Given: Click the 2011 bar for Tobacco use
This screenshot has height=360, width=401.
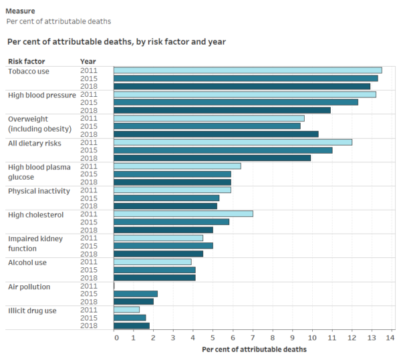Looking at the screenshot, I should [247, 70].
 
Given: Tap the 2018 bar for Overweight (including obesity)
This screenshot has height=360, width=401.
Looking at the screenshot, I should [216, 134].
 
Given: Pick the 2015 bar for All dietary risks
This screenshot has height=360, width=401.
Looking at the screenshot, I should [223, 150].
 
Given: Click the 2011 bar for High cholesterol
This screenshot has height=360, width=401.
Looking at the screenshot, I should [183, 214].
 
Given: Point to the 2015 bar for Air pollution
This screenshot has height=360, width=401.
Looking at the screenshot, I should [136, 294].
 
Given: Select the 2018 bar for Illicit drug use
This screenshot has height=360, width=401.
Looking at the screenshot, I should [132, 325].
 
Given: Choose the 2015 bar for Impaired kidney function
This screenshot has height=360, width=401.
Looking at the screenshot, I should [163, 246].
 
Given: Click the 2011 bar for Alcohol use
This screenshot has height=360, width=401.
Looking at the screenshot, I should [152, 262].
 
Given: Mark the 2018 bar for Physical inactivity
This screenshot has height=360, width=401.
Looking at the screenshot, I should [165, 206].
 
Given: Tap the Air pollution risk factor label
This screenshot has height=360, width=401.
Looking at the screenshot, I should [29, 287].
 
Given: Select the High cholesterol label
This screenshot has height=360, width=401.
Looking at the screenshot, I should [35, 214].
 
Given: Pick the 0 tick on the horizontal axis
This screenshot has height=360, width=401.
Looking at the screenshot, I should [116, 338].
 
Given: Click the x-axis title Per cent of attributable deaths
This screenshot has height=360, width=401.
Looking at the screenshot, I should [254, 349].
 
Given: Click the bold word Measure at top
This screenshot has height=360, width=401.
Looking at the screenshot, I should [21, 11].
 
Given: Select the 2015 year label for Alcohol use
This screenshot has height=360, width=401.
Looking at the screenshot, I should [88, 270].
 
